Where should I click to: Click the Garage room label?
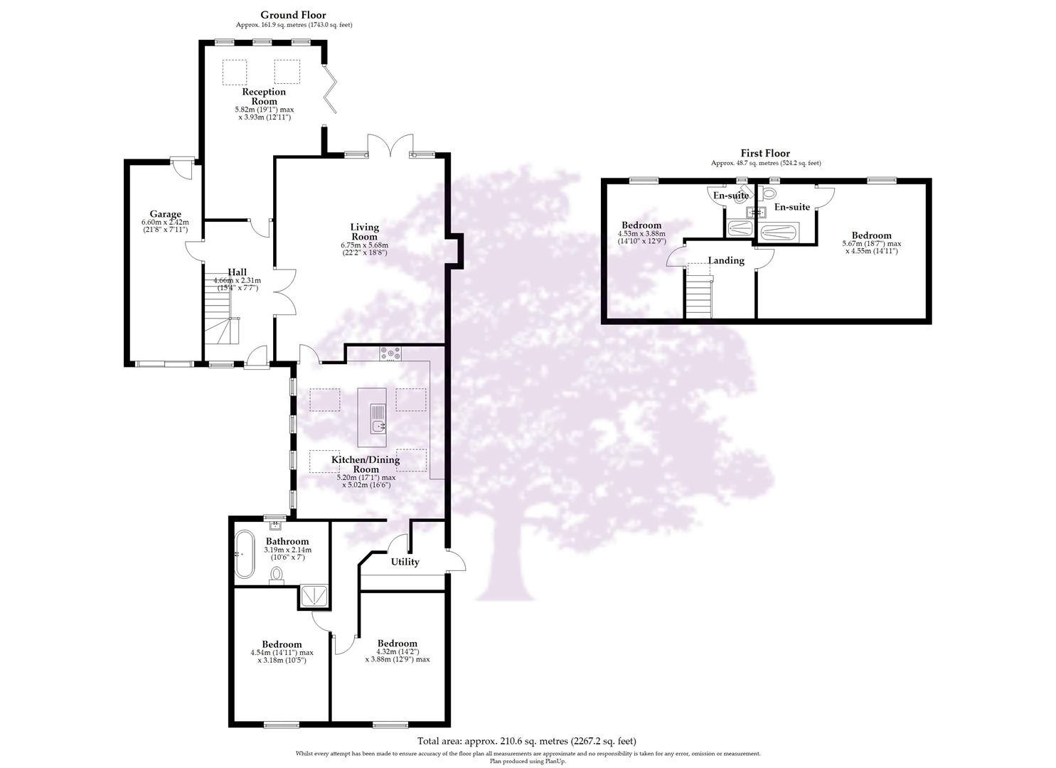coord(165,214)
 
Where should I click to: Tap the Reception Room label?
coord(264,96)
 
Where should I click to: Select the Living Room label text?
coord(364,232)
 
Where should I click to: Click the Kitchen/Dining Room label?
coord(366,464)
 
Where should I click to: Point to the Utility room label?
coord(405,562)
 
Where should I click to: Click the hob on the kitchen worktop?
coord(390,353)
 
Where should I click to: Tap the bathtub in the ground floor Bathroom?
coord(245,554)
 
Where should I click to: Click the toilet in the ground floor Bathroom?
coord(277,575)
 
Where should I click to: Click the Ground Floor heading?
coord(293,15)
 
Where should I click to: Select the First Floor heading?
coord(765,153)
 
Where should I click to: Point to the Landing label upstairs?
coord(726,260)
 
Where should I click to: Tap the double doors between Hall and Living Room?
coord(284,292)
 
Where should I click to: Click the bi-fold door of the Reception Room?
coord(331,89)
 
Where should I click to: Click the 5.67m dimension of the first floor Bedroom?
coord(871,244)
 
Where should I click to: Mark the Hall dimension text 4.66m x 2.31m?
coord(237,280)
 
